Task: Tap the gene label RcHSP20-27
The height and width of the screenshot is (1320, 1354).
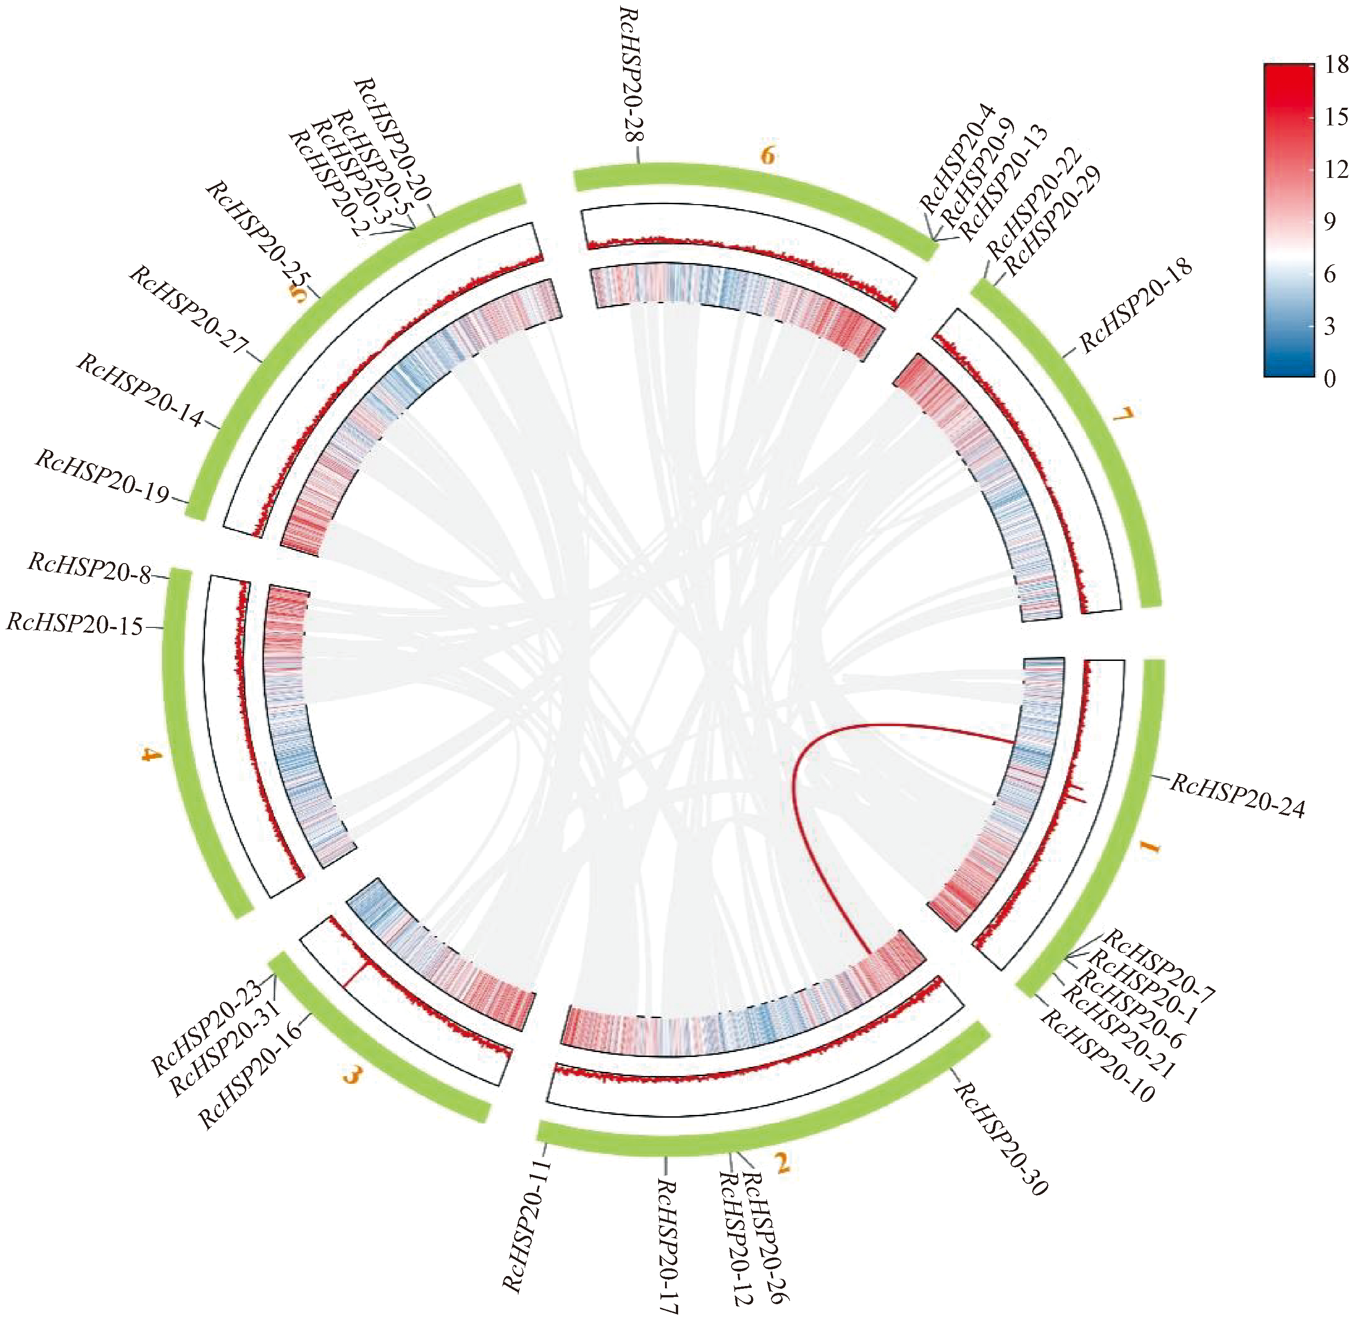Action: (x=188, y=309)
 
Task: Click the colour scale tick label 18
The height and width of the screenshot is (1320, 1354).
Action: (x=1336, y=65)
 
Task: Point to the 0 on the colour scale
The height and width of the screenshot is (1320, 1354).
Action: (x=1329, y=378)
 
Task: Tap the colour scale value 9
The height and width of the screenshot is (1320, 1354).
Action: (x=1329, y=222)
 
